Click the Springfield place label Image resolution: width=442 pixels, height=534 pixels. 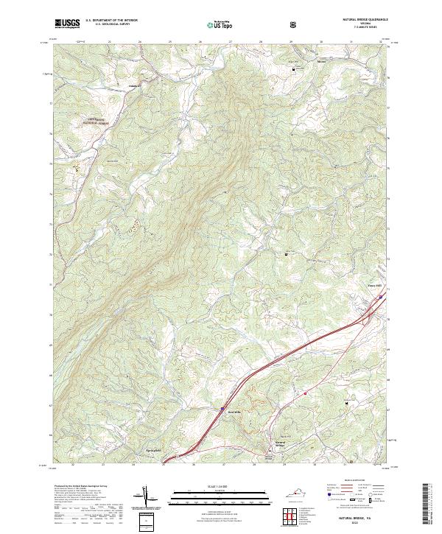click(150, 449)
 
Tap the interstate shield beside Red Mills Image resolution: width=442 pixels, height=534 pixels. click(222, 405)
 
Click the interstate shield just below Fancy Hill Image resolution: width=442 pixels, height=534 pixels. click(380, 298)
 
